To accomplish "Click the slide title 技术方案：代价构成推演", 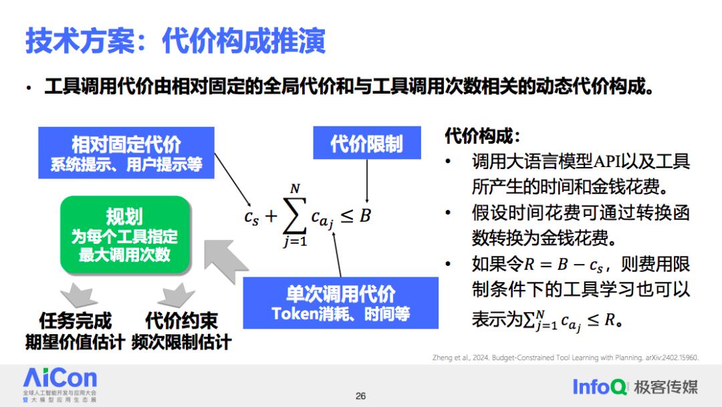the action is pos(175,41).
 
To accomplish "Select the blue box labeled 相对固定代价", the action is pos(126,153).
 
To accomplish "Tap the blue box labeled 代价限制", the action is pos(367,143).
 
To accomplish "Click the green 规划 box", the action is pos(125,235).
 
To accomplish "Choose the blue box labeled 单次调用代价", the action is pos(341,303).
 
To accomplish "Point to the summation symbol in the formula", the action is pos(295,215).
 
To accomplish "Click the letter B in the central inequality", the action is pos(365,215).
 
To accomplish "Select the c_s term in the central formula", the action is pos(251,217).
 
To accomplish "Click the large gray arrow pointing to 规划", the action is pos(226,260).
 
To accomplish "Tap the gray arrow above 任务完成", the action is pos(79,295).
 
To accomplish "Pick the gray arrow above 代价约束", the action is pos(176,295).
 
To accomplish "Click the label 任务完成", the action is pos(76,320).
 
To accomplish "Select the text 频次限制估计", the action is pos(181,342).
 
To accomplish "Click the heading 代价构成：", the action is pos(483,136).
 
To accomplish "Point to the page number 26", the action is pos(360,396).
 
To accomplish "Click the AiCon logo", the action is pos(60,385).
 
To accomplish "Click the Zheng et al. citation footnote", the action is pos(566,358).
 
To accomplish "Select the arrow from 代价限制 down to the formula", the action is pos(367,181).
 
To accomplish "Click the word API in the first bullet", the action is pos(607,162).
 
